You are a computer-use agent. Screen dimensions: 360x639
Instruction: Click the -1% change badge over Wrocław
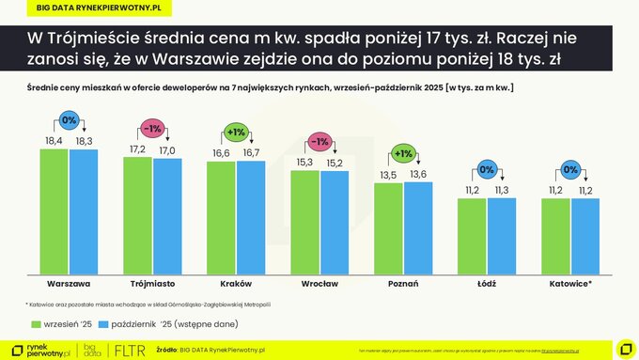click(x=319, y=142)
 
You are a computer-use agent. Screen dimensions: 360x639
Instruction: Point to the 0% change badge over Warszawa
click(x=70, y=120)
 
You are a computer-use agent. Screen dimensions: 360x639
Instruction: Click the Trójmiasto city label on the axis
click(x=151, y=283)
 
